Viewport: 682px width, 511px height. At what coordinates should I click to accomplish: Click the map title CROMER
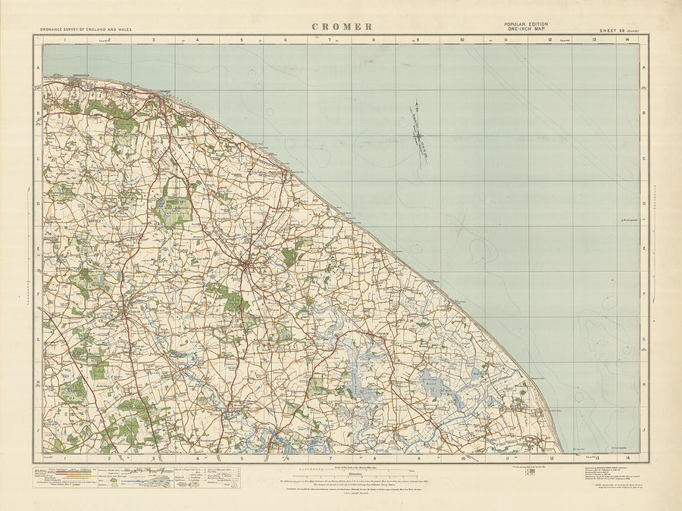(342, 26)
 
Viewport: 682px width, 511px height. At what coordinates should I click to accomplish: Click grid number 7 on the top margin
(330, 39)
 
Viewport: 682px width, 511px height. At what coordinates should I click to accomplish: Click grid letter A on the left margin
(38, 67)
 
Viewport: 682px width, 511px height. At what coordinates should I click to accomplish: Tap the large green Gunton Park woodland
(174, 206)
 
